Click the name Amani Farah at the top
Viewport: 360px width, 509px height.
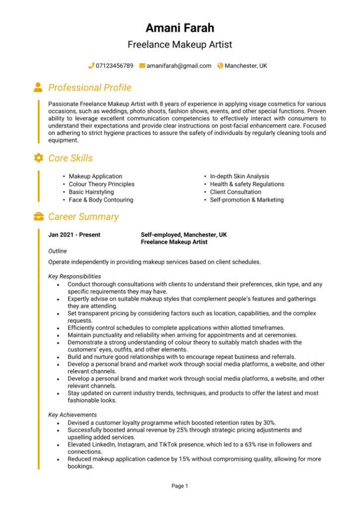180,28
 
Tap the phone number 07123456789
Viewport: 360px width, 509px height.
114,66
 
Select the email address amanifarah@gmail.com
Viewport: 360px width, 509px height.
179,66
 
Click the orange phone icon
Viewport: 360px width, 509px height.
91,66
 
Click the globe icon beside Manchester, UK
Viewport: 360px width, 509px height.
220,66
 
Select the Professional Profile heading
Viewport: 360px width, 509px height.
90,88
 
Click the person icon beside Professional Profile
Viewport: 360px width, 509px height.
38,87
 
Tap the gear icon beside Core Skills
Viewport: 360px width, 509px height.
38,158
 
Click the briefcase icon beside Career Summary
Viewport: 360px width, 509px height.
38,217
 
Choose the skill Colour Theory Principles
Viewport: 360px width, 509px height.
101,184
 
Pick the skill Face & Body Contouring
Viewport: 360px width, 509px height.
101,200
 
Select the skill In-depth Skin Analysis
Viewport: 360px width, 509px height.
239,176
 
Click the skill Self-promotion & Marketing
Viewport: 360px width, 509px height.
247,200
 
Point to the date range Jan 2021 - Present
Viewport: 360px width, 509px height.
74,235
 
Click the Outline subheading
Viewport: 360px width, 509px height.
57,251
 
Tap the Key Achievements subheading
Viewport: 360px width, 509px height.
72,415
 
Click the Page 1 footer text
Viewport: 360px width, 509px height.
180,486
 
